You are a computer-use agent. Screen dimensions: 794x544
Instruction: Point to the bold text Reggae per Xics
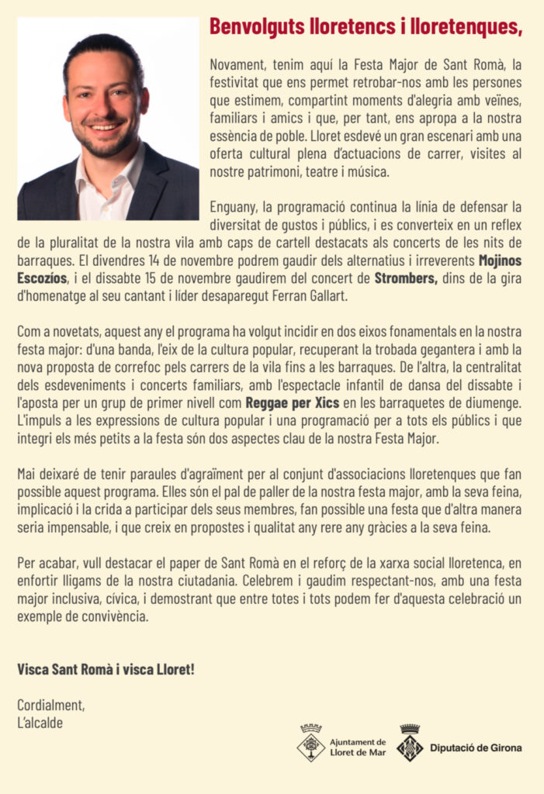click(293, 403)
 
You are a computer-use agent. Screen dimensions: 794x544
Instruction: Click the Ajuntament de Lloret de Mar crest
click(311, 743)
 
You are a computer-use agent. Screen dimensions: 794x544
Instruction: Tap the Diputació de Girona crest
click(409, 743)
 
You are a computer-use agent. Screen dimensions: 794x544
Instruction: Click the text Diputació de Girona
click(475, 748)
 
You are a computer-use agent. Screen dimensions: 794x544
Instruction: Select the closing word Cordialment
click(51, 705)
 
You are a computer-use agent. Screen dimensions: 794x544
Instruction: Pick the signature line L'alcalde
click(40, 723)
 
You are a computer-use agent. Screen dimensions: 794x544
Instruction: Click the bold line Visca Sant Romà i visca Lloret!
click(106, 668)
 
